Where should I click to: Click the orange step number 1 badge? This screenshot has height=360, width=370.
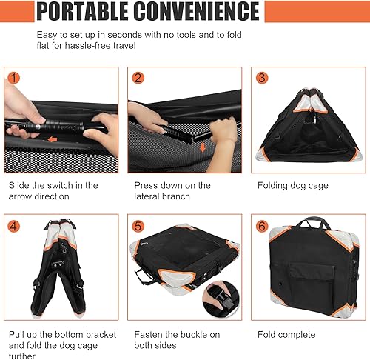(13, 78)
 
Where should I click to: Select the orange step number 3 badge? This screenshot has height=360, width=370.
(261, 78)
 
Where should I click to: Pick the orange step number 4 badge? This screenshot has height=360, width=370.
(13, 224)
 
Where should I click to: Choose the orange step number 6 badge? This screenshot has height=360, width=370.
(261, 224)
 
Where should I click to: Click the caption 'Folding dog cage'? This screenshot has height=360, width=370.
(292, 186)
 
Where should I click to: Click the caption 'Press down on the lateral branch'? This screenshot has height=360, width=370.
(172, 191)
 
